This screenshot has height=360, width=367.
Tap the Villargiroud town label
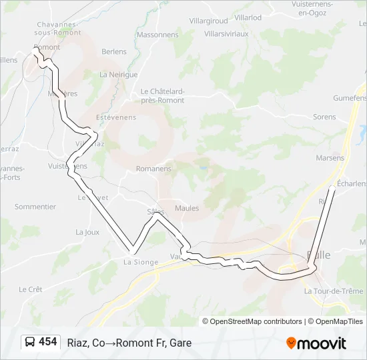click(x=208, y=21)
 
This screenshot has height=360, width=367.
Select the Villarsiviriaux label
click(x=226, y=33)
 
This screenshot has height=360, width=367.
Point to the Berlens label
click(x=114, y=51)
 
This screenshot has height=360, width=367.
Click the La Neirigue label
click(x=118, y=75)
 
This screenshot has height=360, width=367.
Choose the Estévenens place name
click(x=116, y=117)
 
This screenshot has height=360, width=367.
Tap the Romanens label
click(x=153, y=169)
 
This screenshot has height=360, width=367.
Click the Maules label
click(x=187, y=208)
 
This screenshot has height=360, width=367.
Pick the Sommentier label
click(x=35, y=207)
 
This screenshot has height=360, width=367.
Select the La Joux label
click(x=87, y=232)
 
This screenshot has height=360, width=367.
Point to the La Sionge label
click(x=141, y=262)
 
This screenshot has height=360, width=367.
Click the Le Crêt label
click(x=31, y=289)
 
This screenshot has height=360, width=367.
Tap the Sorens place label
click(x=324, y=117)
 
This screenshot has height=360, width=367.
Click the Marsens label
click(x=331, y=158)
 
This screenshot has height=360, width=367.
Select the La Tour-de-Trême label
click(x=334, y=291)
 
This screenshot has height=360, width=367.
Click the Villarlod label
click(x=248, y=17)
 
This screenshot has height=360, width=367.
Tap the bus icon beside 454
click(x=31, y=342)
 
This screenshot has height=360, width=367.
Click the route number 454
click(x=48, y=342)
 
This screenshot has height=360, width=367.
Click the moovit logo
click(x=316, y=343)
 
